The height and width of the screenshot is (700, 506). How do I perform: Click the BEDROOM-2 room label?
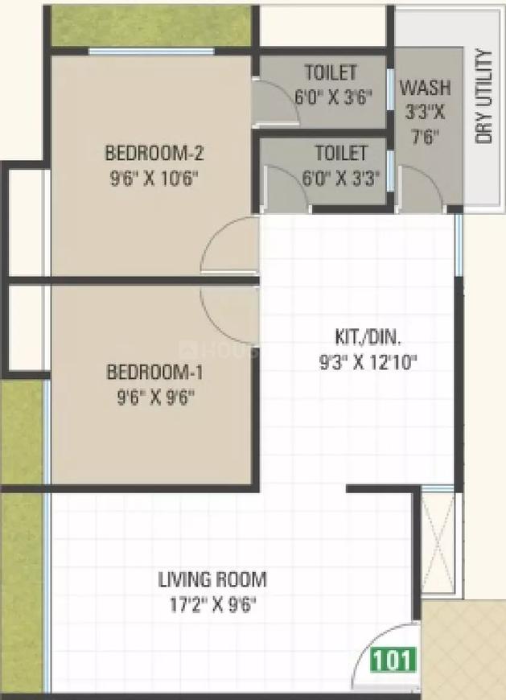[x=151, y=151]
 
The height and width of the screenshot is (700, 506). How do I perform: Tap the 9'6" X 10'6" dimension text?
[x=151, y=175]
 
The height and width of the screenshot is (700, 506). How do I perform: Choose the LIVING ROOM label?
[x=212, y=579]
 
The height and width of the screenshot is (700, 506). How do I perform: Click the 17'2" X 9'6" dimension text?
[x=212, y=603]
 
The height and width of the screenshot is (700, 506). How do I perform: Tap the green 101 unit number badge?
[x=394, y=660]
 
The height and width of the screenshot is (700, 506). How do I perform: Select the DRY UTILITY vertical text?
[x=483, y=97]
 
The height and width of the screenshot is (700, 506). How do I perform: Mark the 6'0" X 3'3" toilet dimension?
[x=341, y=176]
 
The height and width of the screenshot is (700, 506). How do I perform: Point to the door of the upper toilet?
[x=275, y=102]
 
